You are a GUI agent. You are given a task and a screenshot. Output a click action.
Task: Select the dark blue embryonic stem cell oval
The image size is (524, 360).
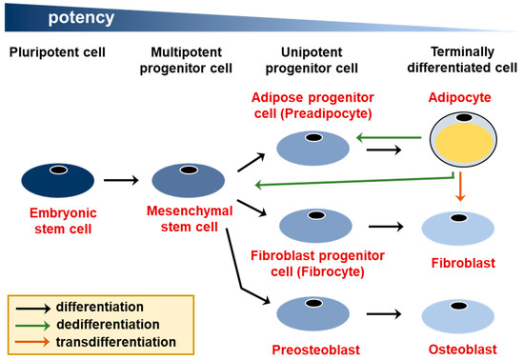tap(58, 179)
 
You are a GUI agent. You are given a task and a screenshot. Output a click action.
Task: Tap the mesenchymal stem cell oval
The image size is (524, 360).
tap(188, 179)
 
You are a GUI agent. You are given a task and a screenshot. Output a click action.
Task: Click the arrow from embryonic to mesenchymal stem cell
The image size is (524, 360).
tap(123, 179)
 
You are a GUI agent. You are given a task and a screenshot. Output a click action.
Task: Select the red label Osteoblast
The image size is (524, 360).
tap(455, 350)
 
